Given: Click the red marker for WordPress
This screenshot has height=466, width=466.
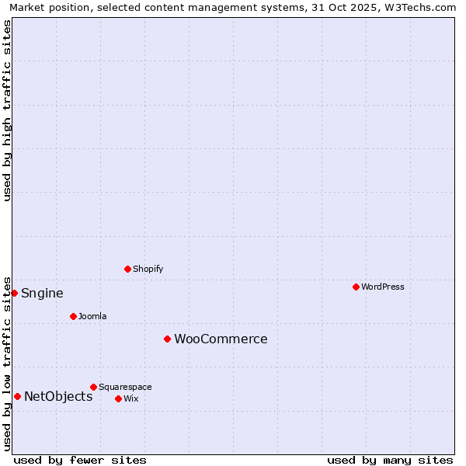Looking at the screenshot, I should tap(356, 287).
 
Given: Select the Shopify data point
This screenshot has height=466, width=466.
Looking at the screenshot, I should tap(127, 269).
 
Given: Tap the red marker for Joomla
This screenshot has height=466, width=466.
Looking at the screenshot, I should tap(73, 316).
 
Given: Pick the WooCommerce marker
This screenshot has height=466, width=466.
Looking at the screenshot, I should tap(167, 339).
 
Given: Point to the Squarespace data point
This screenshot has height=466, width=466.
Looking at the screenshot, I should tap(93, 387).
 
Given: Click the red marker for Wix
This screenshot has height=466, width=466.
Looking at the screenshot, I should tap(118, 398).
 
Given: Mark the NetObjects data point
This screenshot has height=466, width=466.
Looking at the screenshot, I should tap(17, 396).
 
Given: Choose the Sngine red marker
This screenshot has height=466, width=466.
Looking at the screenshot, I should tap(14, 293).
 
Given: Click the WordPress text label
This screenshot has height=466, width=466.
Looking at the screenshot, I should tap(382, 287).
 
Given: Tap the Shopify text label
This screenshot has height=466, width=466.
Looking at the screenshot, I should tap(148, 269).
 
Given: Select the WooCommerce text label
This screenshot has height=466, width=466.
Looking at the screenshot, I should tap(221, 339).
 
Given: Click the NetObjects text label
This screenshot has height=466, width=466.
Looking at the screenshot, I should tap(58, 396).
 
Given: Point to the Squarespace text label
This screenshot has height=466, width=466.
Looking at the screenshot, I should tap(125, 387).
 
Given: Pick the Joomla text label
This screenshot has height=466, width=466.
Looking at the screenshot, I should tap(92, 316).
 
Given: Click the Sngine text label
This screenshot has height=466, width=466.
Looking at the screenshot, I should tap(42, 293).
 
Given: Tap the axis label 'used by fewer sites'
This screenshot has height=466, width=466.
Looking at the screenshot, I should tap(80, 460).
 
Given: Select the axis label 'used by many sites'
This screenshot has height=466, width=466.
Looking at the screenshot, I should tap(390, 460).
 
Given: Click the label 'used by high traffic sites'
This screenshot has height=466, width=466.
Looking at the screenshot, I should tap(7, 110).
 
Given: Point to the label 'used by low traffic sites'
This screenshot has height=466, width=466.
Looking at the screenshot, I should tap(7, 363).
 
